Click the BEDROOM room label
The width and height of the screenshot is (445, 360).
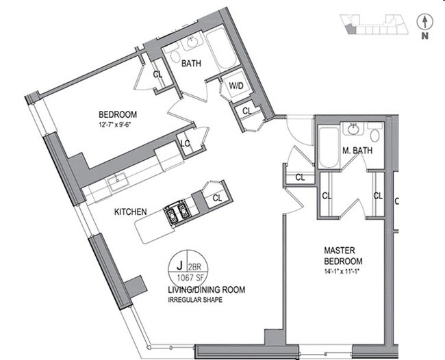[118, 114]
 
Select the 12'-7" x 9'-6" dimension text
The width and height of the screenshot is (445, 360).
[118, 124]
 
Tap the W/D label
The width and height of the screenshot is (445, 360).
[235, 86]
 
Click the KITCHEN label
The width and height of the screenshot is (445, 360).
[131, 212]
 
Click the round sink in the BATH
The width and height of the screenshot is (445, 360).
[191, 44]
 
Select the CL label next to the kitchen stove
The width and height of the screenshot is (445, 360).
[216, 198]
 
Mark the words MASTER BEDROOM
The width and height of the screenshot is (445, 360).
[342, 257]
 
